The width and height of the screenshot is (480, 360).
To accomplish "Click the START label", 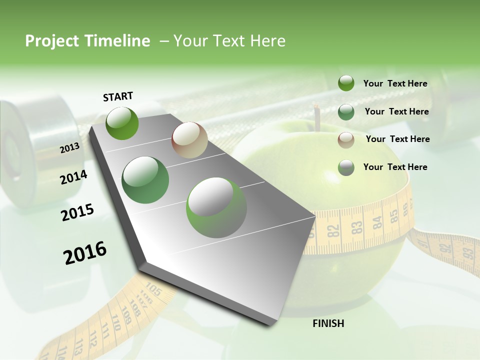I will pos(118,96).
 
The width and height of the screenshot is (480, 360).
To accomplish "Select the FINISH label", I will pos(328,323).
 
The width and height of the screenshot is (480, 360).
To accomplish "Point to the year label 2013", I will pos(70,148).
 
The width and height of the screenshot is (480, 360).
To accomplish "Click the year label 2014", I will pos(74,177).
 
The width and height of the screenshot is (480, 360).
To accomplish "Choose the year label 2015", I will pos(77,212).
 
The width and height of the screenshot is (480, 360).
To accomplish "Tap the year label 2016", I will pos(85,252).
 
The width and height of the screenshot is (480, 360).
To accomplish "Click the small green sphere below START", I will pos(122,123).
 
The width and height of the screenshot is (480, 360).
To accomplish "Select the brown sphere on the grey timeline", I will pos(189,140).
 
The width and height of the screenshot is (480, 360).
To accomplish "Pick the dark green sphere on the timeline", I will pos(145,180).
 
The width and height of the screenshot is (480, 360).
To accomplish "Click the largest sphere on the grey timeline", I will pos(216,207).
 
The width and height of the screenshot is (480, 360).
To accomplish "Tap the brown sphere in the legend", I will pos(346,139).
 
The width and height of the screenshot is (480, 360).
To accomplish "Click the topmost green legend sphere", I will pos(346,83).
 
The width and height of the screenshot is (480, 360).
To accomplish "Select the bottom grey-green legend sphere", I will pos(346,167).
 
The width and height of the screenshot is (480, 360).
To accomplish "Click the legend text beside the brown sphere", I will pos(397,139).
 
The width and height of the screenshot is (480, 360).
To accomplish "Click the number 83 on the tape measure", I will pos(356,227).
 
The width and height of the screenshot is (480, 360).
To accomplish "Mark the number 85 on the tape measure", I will pos(394,216).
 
